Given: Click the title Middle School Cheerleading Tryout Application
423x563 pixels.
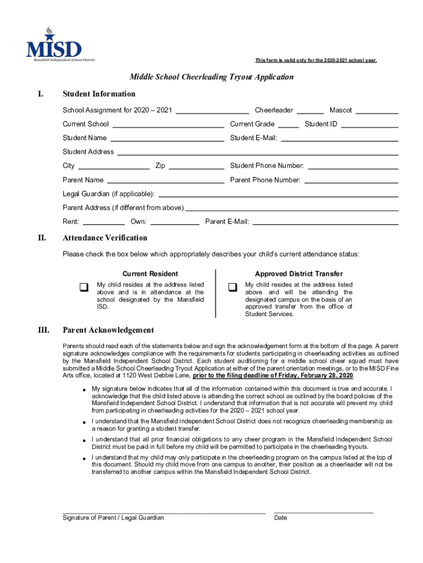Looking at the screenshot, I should (211, 77).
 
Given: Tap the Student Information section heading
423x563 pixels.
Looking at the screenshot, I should (99, 94).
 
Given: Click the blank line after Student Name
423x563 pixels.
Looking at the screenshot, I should (167, 140).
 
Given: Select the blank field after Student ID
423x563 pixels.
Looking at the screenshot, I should (369, 126).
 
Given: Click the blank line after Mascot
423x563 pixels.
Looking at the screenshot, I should (377, 112).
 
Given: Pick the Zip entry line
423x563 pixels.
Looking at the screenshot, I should (196, 168).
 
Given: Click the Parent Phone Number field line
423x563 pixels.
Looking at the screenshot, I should (351, 182).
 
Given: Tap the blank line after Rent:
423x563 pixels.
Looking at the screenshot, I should (104, 224).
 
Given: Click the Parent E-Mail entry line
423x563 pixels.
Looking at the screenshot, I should (325, 224).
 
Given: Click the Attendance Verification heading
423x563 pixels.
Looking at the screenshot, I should (105, 238).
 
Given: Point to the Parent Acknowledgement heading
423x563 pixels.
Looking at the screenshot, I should (108, 330).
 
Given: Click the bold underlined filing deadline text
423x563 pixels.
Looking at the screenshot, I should (273, 376).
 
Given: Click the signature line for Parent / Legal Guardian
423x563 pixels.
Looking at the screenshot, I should (164, 511).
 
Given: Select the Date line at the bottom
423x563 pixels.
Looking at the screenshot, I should (324, 511).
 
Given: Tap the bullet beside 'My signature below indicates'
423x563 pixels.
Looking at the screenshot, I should (84, 390).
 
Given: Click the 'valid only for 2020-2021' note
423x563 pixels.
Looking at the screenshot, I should (316, 60).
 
